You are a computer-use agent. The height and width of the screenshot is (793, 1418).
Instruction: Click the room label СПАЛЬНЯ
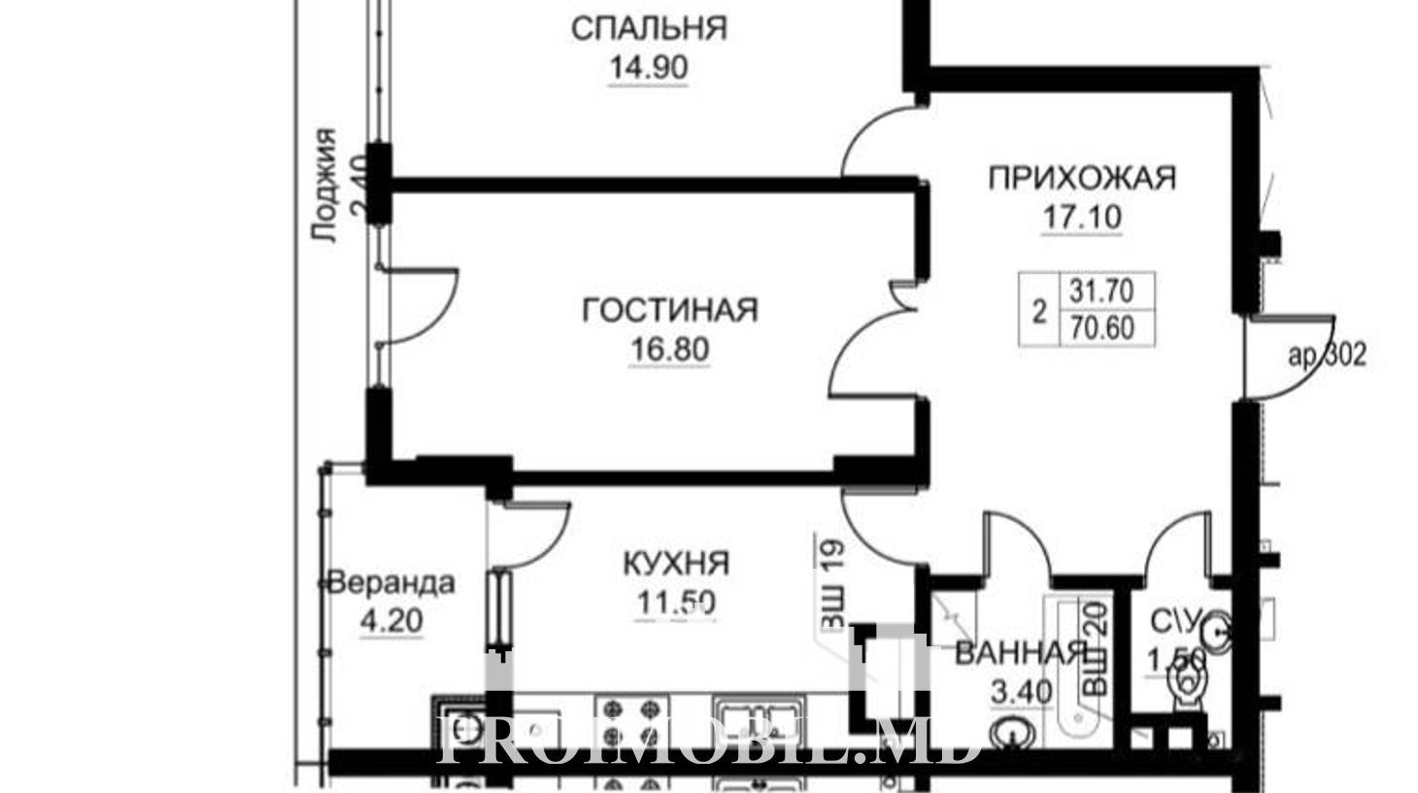[649, 29]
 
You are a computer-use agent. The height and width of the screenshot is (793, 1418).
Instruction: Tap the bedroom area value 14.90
[648, 68]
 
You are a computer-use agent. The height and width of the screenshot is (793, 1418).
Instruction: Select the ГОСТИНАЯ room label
[670, 310]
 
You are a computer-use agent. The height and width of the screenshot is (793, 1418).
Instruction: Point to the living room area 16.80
[670, 350]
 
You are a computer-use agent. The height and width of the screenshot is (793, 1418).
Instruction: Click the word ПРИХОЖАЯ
[1082, 178]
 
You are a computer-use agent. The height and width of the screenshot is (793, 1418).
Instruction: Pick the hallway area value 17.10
[1082, 218]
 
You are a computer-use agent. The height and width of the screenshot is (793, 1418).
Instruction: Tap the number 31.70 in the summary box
[1101, 292]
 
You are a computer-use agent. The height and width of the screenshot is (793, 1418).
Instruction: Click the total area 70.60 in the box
[1102, 328]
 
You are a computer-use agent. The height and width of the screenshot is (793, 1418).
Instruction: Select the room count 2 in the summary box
[1039, 312]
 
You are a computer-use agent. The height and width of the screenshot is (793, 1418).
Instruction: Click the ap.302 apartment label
[1328, 356]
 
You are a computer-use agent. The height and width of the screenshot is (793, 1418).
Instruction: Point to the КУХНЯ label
[676, 564]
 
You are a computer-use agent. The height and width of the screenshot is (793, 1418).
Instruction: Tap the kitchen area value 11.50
[676, 603]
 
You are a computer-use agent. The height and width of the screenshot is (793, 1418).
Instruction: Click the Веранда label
[391, 583]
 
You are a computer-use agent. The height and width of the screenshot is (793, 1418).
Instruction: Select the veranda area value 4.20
[391, 621]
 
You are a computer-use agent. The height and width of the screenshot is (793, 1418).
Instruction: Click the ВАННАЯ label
[1019, 654]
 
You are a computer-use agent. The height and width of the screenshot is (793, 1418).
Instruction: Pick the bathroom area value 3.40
[1022, 692]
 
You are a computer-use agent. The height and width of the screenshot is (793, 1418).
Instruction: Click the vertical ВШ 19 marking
[831, 584]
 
